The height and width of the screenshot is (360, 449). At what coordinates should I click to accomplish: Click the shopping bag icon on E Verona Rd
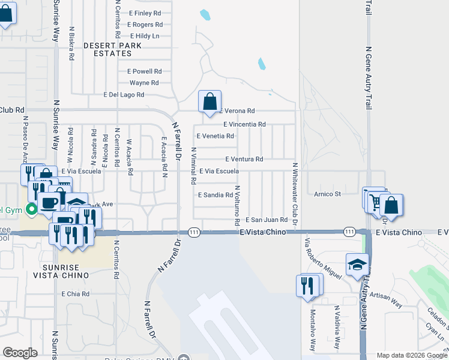(210, 103)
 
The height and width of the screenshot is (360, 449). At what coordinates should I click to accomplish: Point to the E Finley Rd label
(145, 13)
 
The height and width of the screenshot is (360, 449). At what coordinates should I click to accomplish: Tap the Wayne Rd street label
(144, 83)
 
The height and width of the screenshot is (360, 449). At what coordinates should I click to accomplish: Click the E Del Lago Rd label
(124, 95)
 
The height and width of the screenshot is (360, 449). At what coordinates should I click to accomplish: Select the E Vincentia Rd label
(244, 124)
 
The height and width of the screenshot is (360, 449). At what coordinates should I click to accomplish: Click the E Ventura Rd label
(244, 159)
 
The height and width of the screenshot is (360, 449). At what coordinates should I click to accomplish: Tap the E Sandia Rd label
(215, 195)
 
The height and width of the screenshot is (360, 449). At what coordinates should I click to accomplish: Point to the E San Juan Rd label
(268, 220)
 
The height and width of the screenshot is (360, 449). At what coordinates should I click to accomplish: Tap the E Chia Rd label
(76, 294)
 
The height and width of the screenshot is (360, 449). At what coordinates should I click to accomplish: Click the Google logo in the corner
(20, 353)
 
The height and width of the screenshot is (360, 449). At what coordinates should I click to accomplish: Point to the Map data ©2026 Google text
(411, 355)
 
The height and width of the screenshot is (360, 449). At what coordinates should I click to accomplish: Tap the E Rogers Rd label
(145, 25)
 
